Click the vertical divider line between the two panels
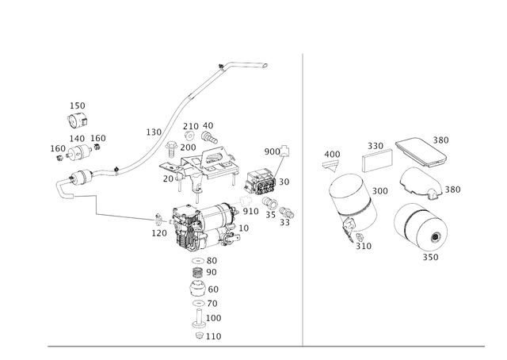(x=303, y=198)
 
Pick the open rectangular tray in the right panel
(x=421, y=151)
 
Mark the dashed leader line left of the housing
(x=127, y=215)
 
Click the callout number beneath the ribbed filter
(x=432, y=258)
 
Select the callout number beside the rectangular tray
(x=441, y=138)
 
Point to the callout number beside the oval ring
(x=453, y=190)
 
